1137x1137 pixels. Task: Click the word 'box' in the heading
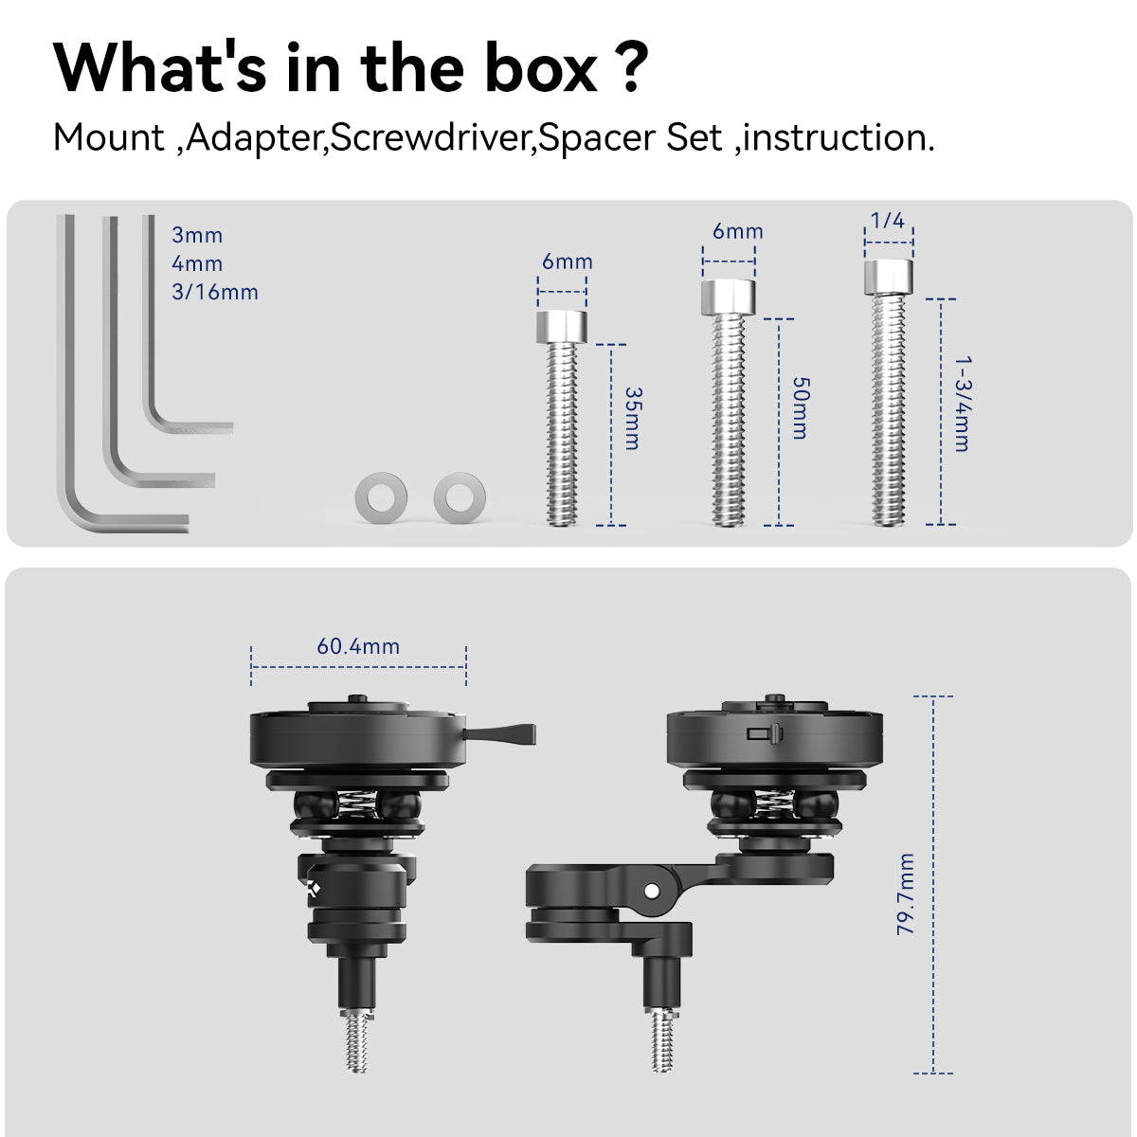540,68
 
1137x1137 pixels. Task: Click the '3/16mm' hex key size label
215,292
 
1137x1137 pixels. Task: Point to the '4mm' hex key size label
197,263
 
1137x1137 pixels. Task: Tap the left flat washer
381,496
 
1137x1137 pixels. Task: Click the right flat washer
460,496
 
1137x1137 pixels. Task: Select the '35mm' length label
633,419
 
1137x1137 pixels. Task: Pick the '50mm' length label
800,408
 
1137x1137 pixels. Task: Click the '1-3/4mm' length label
963,404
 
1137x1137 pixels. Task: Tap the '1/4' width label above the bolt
888,220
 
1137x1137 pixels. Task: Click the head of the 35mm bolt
562,327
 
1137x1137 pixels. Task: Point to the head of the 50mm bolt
728,298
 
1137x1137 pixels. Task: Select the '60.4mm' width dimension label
358,646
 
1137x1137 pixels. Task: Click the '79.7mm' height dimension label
905,893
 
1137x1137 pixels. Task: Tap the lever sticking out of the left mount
500,734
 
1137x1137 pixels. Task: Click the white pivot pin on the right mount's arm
651,890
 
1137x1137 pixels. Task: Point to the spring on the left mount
357,804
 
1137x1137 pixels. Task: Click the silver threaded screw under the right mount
661,1039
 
